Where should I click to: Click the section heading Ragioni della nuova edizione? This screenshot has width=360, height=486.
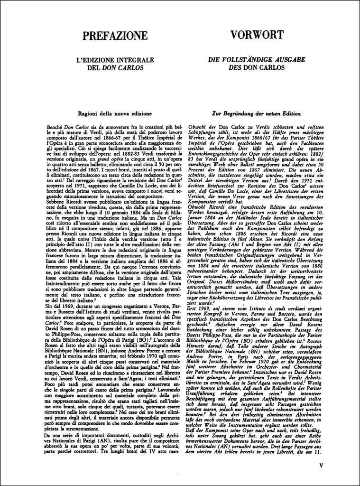111,114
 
